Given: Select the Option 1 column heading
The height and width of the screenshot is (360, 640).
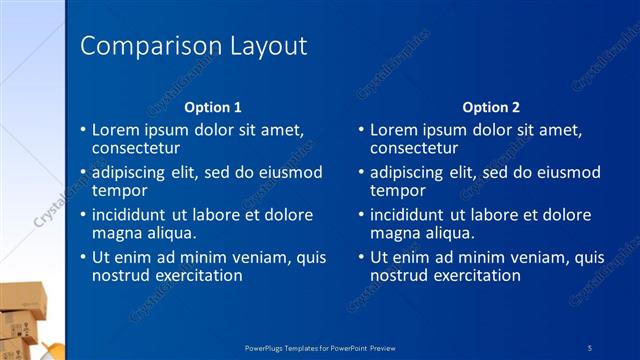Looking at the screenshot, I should [x=213, y=107].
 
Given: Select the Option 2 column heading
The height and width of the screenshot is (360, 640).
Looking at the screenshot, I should [x=491, y=107].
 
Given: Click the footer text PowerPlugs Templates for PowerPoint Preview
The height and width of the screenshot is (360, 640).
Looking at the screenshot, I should [x=320, y=346].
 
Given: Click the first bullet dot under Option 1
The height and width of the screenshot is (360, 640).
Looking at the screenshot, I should [x=83, y=131].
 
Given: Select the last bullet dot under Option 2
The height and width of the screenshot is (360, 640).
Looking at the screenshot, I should [x=361, y=258].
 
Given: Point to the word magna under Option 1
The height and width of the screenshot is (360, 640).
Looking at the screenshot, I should [x=117, y=233].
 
